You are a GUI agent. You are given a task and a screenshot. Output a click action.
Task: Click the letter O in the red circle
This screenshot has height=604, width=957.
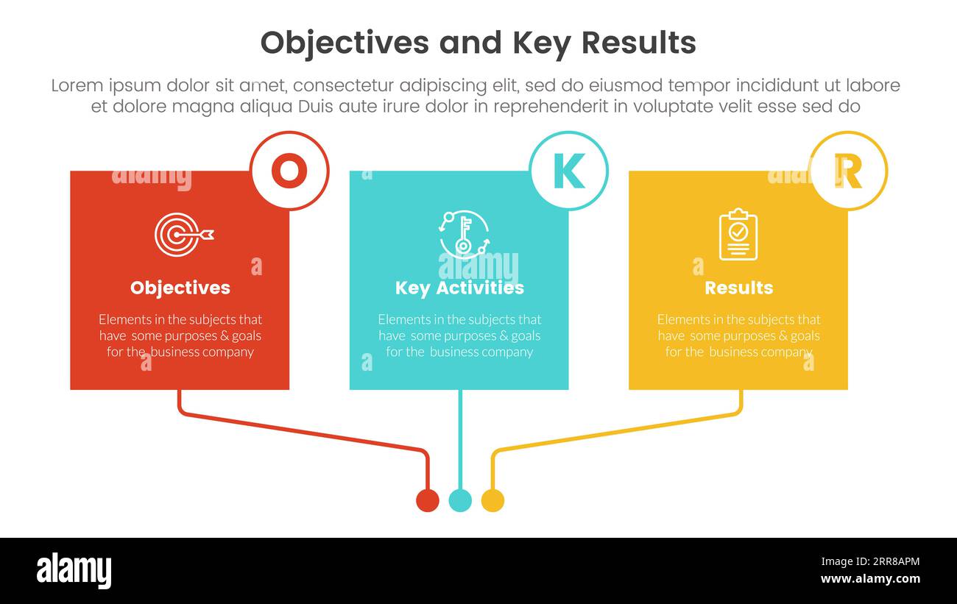(x=289, y=171)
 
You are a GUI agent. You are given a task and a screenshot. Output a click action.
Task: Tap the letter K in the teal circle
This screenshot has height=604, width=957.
(x=568, y=171)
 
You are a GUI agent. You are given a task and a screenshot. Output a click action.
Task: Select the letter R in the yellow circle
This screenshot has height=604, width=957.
(x=848, y=171)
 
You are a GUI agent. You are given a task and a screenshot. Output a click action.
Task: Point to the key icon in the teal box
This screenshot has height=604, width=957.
(x=463, y=234)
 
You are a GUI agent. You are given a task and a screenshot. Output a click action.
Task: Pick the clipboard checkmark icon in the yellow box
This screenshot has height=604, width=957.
(x=738, y=235)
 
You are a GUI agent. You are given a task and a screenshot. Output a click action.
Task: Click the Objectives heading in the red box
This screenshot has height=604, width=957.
(x=180, y=288)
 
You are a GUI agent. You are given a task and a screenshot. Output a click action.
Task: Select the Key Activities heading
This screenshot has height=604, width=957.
(x=459, y=288)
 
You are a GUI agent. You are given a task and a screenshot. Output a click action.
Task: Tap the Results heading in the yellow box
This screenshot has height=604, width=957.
(x=738, y=288)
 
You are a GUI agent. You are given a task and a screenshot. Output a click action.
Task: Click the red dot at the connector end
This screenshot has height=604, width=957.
(x=428, y=500)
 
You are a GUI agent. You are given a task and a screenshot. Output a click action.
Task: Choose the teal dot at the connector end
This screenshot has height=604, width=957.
(x=460, y=500)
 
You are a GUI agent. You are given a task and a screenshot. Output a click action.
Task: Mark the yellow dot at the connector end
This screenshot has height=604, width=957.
(x=492, y=500)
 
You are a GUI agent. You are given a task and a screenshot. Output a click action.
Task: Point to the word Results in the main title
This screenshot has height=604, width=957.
(x=638, y=43)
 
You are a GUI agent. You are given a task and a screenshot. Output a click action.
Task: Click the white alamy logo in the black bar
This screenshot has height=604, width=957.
(x=74, y=571)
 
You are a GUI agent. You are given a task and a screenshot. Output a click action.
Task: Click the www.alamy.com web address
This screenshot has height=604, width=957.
(x=870, y=579)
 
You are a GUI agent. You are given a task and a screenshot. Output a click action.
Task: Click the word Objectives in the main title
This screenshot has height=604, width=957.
(x=345, y=43)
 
